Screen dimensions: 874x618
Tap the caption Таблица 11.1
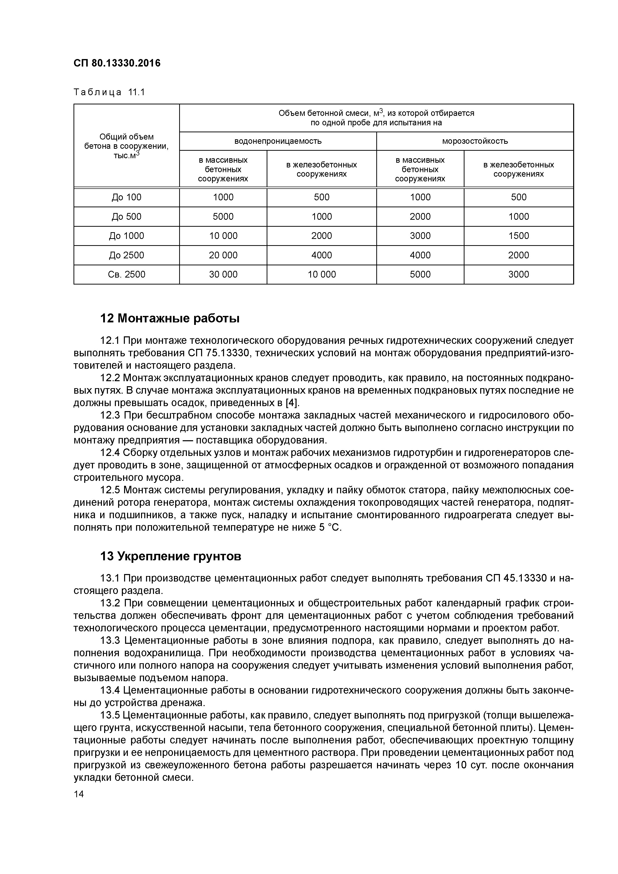[109, 92]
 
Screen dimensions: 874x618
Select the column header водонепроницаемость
[278, 141]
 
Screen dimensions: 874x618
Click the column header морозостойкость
[474, 141]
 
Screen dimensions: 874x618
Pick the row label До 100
[126, 197]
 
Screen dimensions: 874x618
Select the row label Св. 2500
[126, 275]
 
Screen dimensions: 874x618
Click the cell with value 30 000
[223, 275]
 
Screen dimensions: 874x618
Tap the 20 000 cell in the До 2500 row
[223, 255]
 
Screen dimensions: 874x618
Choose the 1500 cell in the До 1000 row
[518, 236]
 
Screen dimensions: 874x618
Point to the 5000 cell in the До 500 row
[223, 217]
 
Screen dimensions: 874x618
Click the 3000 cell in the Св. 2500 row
[518, 275]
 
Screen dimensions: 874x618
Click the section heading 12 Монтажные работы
[169, 318]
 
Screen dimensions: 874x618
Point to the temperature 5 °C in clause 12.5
[327, 528]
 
